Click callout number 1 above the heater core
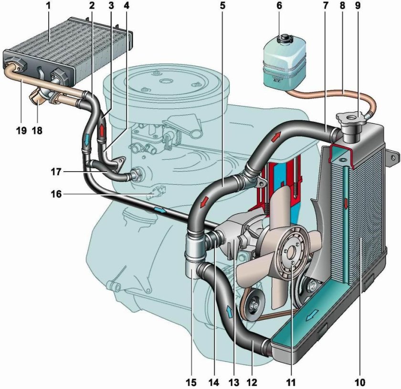pyautogui.click(x=49, y=6)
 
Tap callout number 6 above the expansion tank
pyautogui.click(x=279, y=6)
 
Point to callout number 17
pyautogui.click(x=56, y=172)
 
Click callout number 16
pyautogui.click(x=56, y=194)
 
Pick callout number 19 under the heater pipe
pyautogui.click(x=22, y=130)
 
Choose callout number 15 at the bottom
pyautogui.click(x=191, y=382)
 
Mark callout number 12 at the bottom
pyautogui.click(x=252, y=382)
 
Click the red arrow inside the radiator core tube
pyautogui.click(x=346, y=204)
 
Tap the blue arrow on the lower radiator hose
pyautogui.click(x=230, y=311)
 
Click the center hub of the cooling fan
pyautogui.click(x=292, y=254)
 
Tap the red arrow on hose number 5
pyautogui.click(x=204, y=202)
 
